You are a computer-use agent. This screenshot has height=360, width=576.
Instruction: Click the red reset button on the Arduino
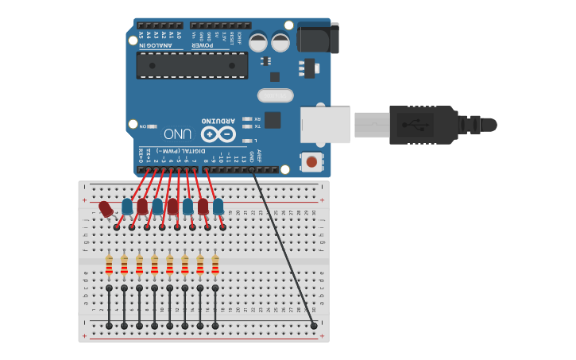(x=311, y=161)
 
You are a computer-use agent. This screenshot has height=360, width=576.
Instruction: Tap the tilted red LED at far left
(x=106, y=209)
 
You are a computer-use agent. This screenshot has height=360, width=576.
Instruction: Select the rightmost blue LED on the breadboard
(x=218, y=207)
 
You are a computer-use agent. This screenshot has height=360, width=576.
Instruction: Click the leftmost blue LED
(x=127, y=207)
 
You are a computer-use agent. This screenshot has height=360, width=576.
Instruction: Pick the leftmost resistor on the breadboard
(x=109, y=265)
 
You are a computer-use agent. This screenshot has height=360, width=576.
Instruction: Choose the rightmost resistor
(x=215, y=265)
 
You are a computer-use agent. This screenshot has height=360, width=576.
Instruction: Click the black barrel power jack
(x=318, y=37)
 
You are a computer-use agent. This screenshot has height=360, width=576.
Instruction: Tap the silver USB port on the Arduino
(x=325, y=125)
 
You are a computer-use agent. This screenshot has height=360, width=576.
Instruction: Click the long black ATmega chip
(x=191, y=65)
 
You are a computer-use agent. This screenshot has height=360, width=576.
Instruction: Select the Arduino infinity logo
(x=218, y=134)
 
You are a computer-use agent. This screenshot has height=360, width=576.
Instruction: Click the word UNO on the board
(x=178, y=134)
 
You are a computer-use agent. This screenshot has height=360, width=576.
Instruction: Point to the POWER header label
(x=203, y=45)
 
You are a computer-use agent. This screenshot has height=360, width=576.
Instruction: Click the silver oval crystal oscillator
(x=275, y=95)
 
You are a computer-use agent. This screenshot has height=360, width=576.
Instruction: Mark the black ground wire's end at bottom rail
(x=314, y=326)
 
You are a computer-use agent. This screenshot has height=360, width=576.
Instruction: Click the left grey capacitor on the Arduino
(x=259, y=41)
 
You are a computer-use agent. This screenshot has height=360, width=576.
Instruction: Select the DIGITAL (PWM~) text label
(x=176, y=150)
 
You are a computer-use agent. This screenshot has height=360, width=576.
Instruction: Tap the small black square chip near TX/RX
(x=273, y=120)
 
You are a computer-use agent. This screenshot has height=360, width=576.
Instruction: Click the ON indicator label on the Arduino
(x=143, y=126)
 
